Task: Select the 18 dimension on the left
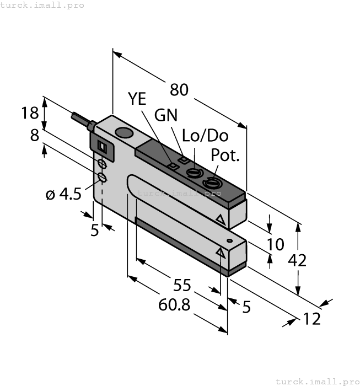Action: [x=30, y=113]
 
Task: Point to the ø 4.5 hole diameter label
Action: [x=63, y=194]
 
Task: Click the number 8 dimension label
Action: [x=35, y=135]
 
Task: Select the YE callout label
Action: [x=137, y=99]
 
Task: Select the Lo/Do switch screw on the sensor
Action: [x=193, y=174]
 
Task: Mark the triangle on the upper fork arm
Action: [x=221, y=220]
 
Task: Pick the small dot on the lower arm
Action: [x=230, y=242]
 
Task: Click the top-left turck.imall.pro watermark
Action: [x=42, y=5]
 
